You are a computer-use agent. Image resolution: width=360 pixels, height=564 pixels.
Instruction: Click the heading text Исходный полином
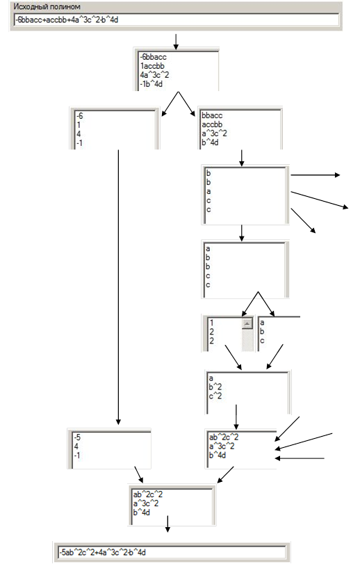[x=47, y=7]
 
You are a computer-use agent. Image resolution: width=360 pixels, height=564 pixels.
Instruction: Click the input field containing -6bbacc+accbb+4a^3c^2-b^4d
[x=177, y=19]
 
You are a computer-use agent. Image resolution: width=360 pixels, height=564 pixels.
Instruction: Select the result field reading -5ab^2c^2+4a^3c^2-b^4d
[x=172, y=551]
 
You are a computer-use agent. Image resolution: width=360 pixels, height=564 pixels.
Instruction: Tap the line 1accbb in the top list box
[x=152, y=66]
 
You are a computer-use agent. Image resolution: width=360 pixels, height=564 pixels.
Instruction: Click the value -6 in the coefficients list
[x=79, y=116]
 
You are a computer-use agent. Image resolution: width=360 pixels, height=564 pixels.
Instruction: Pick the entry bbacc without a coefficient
[x=212, y=115]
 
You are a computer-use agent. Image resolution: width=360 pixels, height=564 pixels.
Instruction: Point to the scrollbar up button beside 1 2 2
[x=247, y=323]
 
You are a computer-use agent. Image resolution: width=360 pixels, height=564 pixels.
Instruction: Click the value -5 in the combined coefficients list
[x=77, y=437]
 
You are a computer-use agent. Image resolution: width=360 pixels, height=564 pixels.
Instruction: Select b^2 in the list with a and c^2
[x=215, y=387]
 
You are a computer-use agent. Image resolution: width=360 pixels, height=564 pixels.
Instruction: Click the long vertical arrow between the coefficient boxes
[x=118, y=287]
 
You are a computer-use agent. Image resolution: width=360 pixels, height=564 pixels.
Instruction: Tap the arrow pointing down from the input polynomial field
[x=176, y=42]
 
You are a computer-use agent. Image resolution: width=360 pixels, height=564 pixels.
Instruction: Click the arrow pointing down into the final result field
[x=167, y=524]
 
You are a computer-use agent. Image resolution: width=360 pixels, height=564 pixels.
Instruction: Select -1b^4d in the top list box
[x=152, y=84]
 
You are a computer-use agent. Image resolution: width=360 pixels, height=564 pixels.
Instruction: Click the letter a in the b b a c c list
[x=208, y=191]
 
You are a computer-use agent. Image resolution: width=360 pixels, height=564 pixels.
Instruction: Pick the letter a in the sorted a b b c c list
[x=208, y=248]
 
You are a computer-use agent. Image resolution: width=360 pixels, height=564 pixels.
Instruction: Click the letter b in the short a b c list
[x=262, y=331]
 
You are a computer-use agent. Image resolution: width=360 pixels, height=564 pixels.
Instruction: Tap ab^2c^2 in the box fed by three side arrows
[x=224, y=437]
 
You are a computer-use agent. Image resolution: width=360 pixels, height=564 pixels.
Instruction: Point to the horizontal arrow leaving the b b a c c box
[x=315, y=175]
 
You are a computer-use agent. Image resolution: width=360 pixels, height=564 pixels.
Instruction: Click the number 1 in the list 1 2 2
[x=211, y=323]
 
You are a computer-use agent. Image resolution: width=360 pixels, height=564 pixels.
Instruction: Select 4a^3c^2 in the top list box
[x=154, y=75]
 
